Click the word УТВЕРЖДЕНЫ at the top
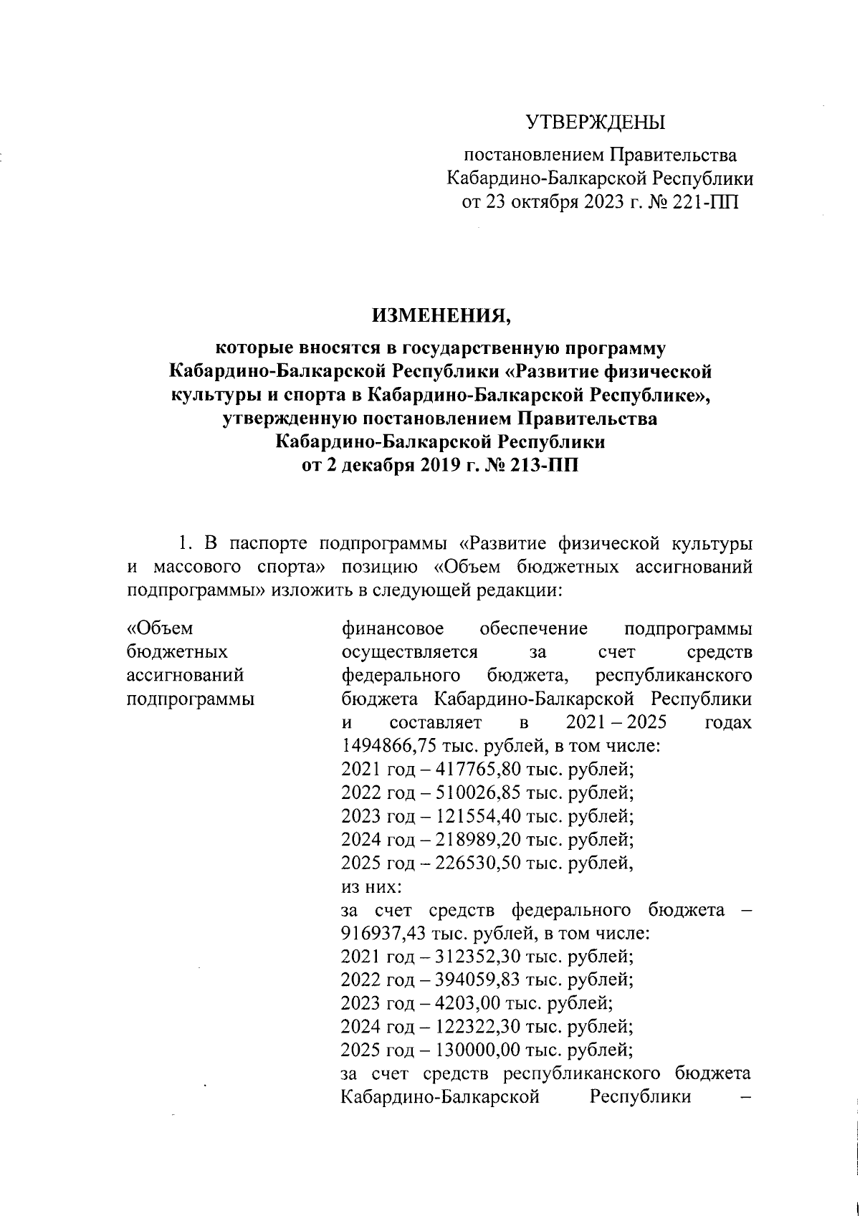pos(596,123)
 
